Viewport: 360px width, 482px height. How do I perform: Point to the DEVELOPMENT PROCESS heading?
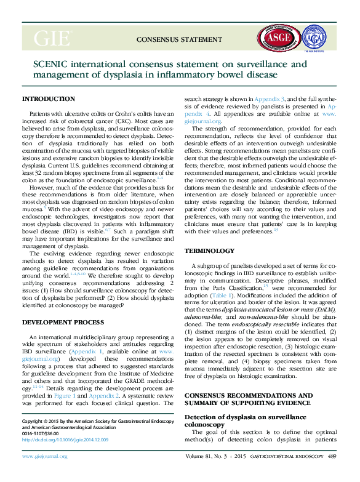click(x=63, y=322)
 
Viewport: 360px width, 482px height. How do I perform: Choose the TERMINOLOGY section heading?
click(x=210, y=251)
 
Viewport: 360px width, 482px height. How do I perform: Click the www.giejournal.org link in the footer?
click(x=44, y=457)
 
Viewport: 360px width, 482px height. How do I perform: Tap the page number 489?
click(x=332, y=457)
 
